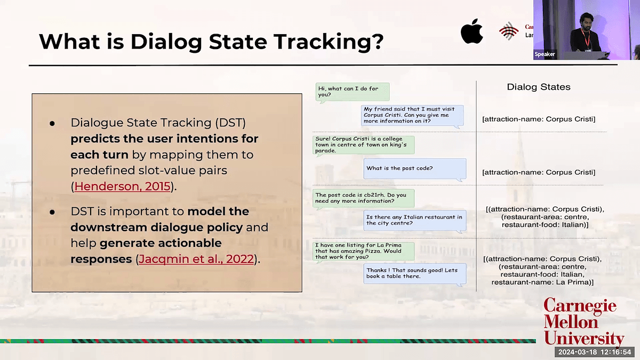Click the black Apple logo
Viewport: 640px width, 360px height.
(471, 31)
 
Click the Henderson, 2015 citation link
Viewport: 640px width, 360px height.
(122, 186)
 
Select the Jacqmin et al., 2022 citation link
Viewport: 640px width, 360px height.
(196, 259)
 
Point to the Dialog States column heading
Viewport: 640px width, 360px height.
(539, 87)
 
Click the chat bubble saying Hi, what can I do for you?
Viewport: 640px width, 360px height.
(353, 92)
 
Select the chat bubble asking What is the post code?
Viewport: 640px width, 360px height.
(415, 169)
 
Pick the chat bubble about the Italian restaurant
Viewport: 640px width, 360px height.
(415, 221)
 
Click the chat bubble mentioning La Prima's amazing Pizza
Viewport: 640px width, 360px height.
(363, 251)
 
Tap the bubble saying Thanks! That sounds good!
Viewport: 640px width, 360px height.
(415, 274)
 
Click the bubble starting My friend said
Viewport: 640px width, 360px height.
(412, 116)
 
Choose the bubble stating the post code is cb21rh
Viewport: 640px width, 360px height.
(363, 198)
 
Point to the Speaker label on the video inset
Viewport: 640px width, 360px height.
(545, 54)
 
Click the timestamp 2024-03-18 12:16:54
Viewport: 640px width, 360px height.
(595, 352)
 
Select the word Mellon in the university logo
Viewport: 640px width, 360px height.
(571, 322)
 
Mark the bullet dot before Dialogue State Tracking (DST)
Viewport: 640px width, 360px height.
(52, 123)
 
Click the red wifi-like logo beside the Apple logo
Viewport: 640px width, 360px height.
(509, 31)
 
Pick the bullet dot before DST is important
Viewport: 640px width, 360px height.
(52, 212)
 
